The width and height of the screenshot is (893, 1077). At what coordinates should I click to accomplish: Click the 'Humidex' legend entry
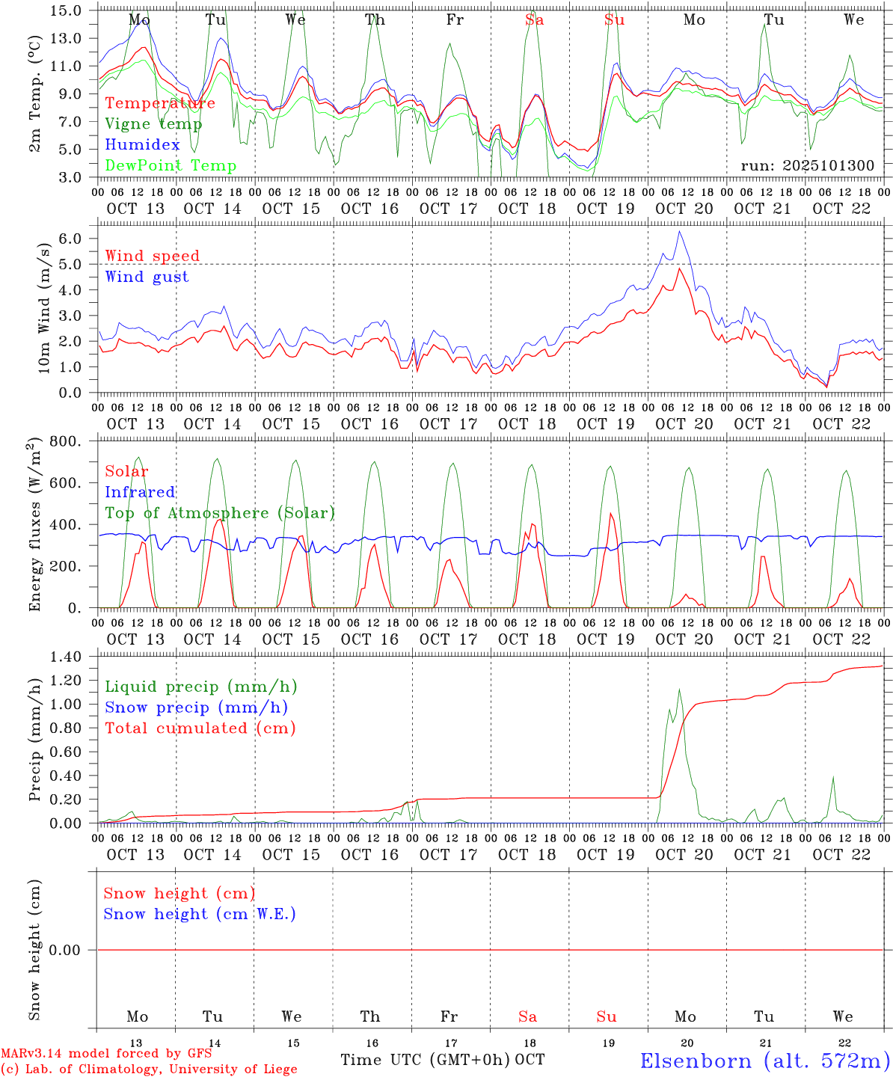(143, 145)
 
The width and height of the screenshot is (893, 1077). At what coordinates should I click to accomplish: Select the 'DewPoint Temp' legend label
(171, 166)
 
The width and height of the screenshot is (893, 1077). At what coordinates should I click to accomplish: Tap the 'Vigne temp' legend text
(153, 124)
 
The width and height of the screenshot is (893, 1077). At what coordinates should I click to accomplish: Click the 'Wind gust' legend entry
(147, 277)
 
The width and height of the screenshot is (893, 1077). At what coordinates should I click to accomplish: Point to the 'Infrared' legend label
(140, 492)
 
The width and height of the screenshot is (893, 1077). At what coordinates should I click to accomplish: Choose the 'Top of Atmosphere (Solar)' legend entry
(220, 513)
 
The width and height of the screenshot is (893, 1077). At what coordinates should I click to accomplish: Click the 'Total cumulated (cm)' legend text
(200, 728)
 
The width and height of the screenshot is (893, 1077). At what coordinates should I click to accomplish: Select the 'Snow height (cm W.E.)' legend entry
(200, 914)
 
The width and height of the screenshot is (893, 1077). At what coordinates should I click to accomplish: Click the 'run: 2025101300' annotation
(807, 166)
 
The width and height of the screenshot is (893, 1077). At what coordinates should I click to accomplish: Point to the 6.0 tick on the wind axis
(79, 239)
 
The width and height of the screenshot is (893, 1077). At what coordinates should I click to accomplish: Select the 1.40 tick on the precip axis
(66, 657)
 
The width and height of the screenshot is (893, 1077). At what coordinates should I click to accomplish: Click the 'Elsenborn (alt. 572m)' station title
(764, 1061)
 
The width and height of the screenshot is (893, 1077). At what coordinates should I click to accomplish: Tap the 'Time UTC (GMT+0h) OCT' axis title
(442, 1060)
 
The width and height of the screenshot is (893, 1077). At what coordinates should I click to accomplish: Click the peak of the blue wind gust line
(679, 231)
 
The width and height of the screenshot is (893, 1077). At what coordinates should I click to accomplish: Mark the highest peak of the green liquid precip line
(679, 690)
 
